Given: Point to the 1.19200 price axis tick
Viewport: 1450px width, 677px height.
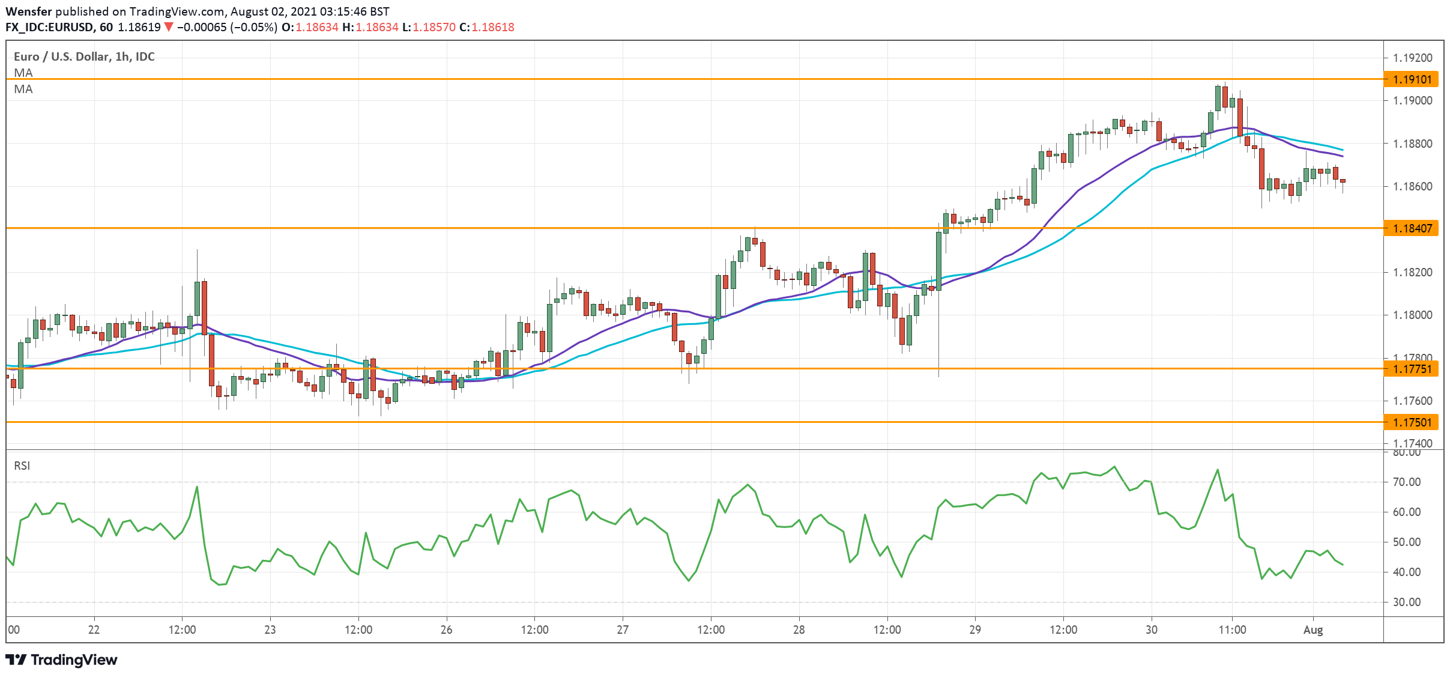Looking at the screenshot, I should pyautogui.click(x=1412, y=58).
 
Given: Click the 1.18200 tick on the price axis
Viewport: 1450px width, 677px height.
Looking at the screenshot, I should pyautogui.click(x=1412, y=272).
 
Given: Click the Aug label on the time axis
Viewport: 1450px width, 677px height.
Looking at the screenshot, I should pyautogui.click(x=1313, y=630).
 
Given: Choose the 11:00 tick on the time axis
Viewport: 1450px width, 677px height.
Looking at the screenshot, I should pyautogui.click(x=1232, y=630).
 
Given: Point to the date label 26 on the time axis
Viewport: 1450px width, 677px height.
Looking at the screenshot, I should pyautogui.click(x=446, y=630).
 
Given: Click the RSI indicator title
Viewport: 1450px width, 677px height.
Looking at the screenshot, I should pyautogui.click(x=22, y=466).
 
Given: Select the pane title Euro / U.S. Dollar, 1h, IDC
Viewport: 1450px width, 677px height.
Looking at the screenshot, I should pyautogui.click(x=84, y=56).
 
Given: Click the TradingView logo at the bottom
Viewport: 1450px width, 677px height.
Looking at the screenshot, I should pyautogui.click(x=61, y=660).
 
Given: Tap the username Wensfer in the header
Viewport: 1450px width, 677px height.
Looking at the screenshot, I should pyautogui.click(x=29, y=11).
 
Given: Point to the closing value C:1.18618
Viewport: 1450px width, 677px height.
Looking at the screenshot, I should pyautogui.click(x=487, y=27).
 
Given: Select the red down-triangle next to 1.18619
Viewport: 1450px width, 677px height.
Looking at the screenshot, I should pyautogui.click(x=169, y=27).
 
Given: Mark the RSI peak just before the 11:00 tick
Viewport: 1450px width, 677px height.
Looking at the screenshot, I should pyautogui.click(x=1218, y=470).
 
